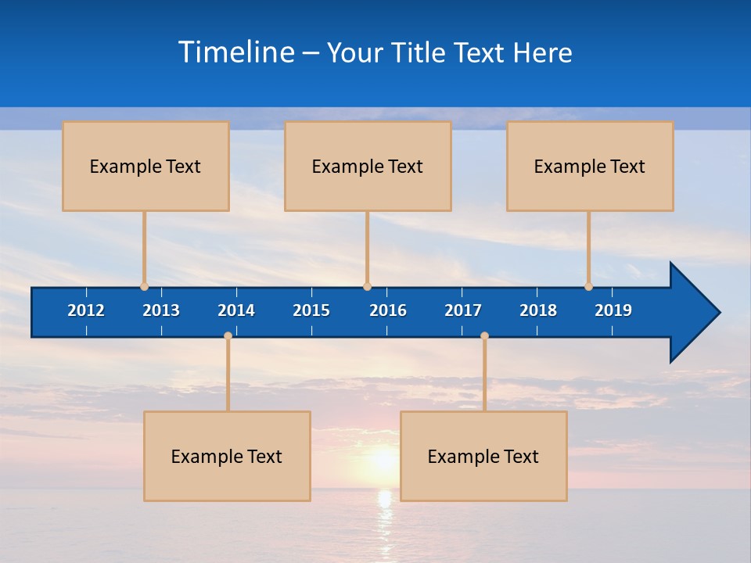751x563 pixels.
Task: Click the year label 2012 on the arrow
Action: click(x=86, y=310)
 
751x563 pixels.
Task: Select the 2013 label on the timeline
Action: click(x=161, y=310)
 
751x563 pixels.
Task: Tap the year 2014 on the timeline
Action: click(x=236, y=310)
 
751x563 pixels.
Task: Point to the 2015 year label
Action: click(x=311, y=310)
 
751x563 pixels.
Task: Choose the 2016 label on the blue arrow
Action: click(x=388, y=310)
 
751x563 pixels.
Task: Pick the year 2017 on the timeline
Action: click(x=463, y=310)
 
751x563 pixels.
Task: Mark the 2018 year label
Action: click(x=538, y=310)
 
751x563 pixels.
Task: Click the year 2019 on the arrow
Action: click(x=613, y=310)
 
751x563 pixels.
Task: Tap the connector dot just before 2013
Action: click(x=144, y=287)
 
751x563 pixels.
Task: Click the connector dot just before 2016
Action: click(x=367, y=287)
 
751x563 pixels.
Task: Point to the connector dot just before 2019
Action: click(x=588, y=287)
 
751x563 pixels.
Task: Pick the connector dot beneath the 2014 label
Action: click(x=228, y=336)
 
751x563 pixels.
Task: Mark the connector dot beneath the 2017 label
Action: click(x=484, y=336)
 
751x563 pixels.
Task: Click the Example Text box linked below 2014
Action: click(x=227, y=456)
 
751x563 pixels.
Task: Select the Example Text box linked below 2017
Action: click(x=483, y=456)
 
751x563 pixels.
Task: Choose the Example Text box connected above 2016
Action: click(x=368, y=166)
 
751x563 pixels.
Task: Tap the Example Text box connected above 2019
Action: click(x=590, y=166)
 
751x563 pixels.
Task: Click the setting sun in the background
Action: click(x=383, y=460)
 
